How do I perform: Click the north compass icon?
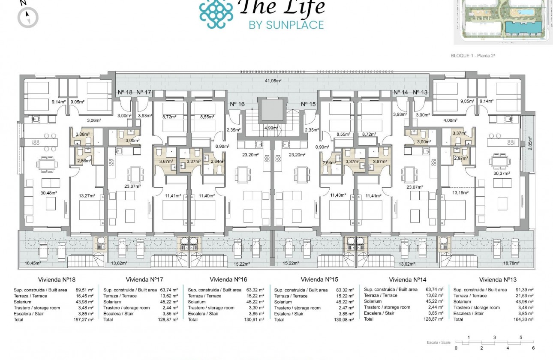pyautogui.click(x=28, y=17)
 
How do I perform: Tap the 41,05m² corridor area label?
pyautogui.click(x=272, y=81)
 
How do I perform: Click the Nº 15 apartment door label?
pyautogui.click(x=308, y=104)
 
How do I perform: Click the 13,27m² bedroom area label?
pyautogui.click(x=86, y=196)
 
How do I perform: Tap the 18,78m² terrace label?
pyautogui.click(x=511, y=264)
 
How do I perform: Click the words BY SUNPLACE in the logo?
pyautogui.click(x=286, y=25)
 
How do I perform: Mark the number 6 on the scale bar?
pyautogui.click(x=533, y=348)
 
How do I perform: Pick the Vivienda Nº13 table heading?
pyautogui.click(x=496, y=280)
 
